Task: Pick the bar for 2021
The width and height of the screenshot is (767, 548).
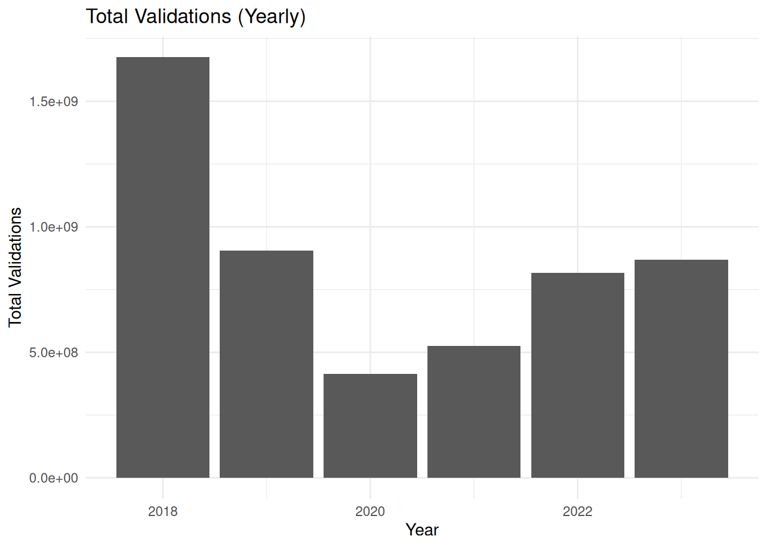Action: [x=474, y=412]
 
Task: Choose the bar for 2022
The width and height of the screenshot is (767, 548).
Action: [x=578, y=375]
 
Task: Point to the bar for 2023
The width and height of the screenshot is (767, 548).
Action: [x=681, y=369]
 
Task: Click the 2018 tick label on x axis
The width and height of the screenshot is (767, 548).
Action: [x=163, y=511]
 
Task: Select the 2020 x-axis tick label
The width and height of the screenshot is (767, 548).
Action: [x=370, y=511]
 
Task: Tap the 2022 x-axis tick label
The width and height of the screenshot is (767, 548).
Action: [x=578, y=511]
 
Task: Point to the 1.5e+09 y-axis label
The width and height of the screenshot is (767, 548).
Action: [x=54, y=102]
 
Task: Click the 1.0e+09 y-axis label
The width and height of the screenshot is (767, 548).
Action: [x=54, y=227]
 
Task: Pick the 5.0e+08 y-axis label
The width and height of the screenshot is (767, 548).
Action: [x=54, y=353]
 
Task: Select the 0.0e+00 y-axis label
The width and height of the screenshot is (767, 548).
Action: [x=54, y=478]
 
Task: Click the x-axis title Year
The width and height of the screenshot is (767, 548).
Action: [x=422, y=530]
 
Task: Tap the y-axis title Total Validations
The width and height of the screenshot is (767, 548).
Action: [x=15, y=267]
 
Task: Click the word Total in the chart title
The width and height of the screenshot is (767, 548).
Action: [x=107, y=17]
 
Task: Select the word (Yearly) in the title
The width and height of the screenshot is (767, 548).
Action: [x=272, y=17]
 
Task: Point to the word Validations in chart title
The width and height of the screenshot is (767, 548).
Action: [x=183, y=17]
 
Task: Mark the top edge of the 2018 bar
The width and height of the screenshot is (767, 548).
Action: [x=163, y=58]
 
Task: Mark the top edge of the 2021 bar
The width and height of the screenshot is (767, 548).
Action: [x=474, y=346]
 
